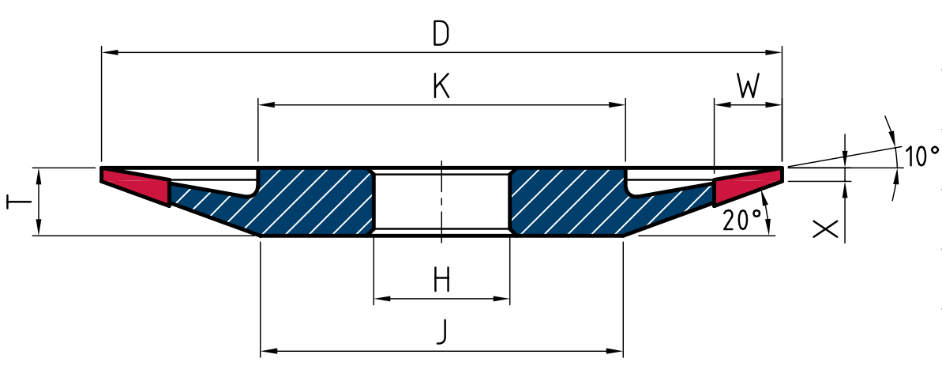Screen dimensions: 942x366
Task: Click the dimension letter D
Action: pyautogui.click(x=441, y=35)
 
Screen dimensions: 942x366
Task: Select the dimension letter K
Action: pyautogui.click(x=441, y=87)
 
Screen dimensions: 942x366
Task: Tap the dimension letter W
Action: pyautogui.click(x=747, y=87)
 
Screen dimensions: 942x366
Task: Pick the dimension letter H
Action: pyautogui.click(x=441, y=280)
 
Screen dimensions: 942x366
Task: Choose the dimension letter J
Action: pyautogui.click(x=441, y=332)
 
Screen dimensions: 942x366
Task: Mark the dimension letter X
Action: pyautogui.click(x=825, y=228)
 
